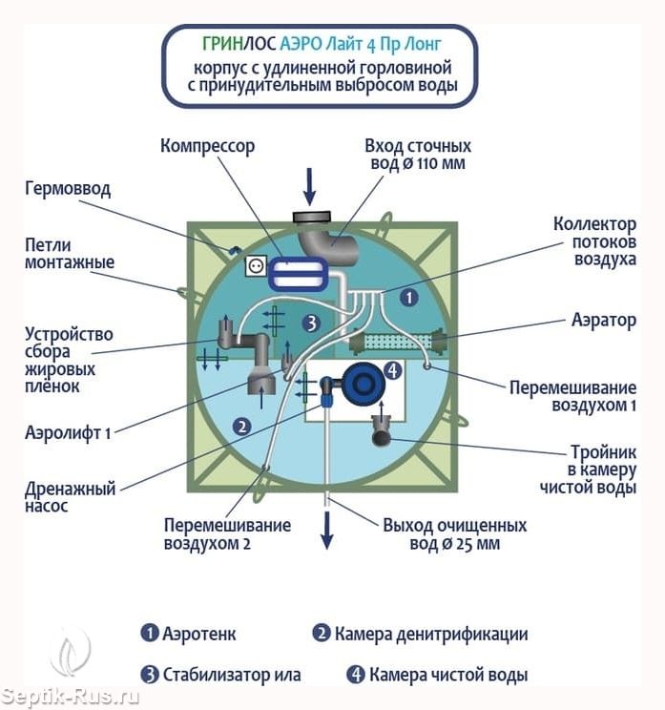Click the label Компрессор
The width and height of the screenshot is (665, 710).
tap(207, 146)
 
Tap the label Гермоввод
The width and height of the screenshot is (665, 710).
tap(67, 188)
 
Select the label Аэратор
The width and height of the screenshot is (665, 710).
tap(603, 320)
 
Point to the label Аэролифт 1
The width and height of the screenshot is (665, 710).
tap(68, 432)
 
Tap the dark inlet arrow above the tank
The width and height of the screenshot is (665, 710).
tap(309, 183)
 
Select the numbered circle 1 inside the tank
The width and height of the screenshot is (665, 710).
tap(408, 298)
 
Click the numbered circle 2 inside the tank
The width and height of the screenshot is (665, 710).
tap(242, 427)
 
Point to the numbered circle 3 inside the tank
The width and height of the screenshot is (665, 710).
tap(309, 323)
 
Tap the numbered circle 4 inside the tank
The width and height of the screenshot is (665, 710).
tap(391, 370)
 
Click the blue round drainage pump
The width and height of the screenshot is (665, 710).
tap(362, 385)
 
